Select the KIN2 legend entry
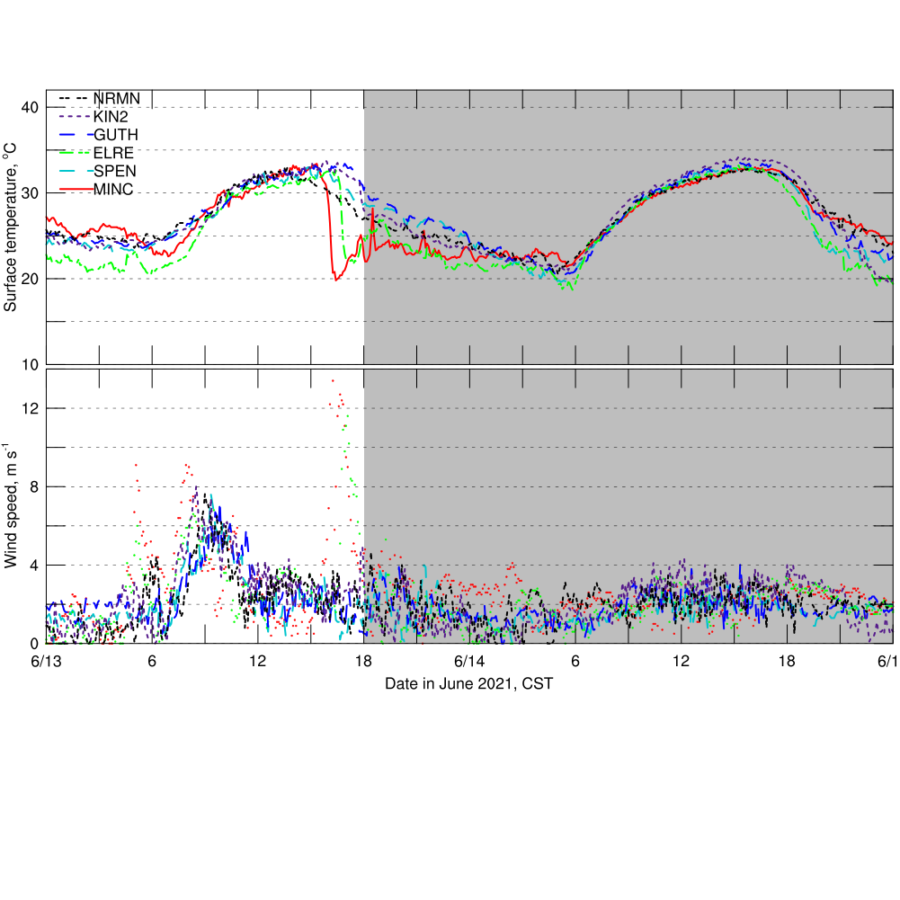point(111,116)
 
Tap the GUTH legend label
point(114,134)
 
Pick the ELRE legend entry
point(113,152)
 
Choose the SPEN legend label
point(114,170)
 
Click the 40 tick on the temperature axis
point(30,108)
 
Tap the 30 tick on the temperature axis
point(30,193)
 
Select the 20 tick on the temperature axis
point(30,279)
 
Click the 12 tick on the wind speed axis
point(30,408)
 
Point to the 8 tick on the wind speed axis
point(33,486)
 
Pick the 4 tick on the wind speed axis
point(33,565)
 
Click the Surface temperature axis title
point(12,230)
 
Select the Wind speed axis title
point(12,505)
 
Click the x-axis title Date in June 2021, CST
point(468,684)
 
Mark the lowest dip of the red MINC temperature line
point(336,280)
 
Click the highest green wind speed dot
point(344,418)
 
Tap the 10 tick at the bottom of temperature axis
point(30,364)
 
